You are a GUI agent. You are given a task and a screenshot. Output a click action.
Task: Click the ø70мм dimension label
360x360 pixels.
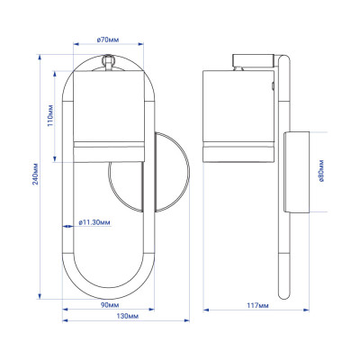click(x=108, y=40)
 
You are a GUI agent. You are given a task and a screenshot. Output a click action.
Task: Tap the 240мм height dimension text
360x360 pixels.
click(x=36, y=174)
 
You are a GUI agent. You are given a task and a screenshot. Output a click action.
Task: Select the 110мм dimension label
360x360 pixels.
click(x=50, y=115)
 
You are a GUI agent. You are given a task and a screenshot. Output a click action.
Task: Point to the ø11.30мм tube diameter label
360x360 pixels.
click(x=94, y=222)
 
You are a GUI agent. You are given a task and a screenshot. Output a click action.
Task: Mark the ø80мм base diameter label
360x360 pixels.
click(x=321, y=171)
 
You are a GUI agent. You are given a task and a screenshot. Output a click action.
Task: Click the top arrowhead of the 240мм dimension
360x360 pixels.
click(x=40, y=57)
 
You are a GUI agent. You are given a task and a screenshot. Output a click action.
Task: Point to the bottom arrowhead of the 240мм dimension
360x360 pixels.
click(x=40, y=296)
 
